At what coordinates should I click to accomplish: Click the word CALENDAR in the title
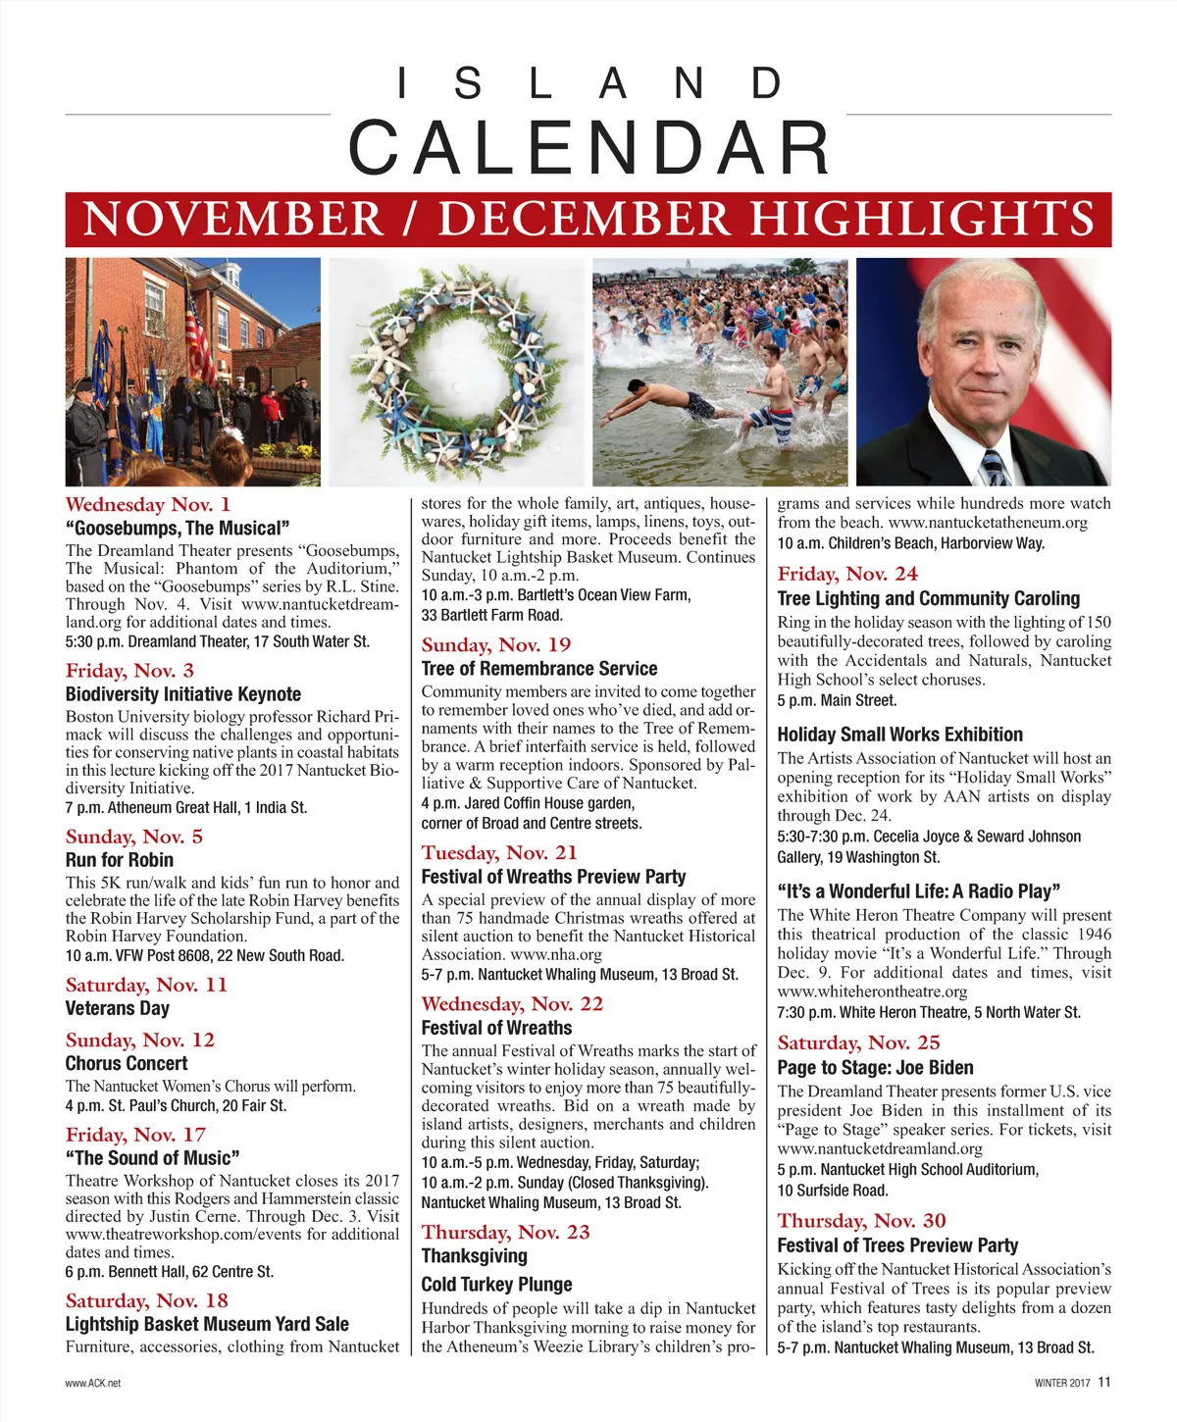pos(588,147)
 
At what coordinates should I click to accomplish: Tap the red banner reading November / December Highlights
pos(588,219)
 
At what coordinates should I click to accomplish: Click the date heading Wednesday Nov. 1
pos(148,505)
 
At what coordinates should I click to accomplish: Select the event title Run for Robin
pos(120,860)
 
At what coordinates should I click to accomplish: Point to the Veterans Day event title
pos(118,1008)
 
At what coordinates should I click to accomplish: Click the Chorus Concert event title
pos(127,1063)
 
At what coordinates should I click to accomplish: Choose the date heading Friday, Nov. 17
pos(136,1135)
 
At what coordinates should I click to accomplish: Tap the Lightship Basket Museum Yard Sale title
pos(207,1324)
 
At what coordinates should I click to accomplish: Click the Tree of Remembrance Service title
pos(539,669)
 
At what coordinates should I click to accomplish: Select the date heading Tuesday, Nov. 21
pos(499,853)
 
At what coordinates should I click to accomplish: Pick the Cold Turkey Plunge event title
pos(496,1285)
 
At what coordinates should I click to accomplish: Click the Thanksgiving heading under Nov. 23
pos(475,1256)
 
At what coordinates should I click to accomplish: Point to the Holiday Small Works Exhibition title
pos(899,735)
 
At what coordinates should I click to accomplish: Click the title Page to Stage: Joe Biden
pos(875,1068)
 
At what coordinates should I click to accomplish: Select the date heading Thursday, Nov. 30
pos(862,1221)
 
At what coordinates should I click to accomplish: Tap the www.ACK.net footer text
pos(93,1383)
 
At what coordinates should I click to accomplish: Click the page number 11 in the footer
pos(1104,1382)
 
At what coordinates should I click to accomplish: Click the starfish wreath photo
pos(460,372)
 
